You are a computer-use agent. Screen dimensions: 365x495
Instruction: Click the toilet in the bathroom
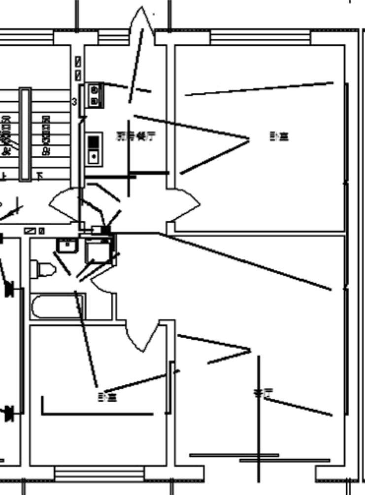point(43,269)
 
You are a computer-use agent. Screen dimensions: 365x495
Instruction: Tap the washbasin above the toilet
point(66,245)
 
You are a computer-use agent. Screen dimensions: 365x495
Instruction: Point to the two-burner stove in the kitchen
point(95,95)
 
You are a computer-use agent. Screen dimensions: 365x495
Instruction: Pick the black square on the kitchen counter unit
point(94,143)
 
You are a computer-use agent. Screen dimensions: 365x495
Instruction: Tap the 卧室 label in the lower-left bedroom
point(107,396)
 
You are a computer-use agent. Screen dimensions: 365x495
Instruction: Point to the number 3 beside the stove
point(74,102)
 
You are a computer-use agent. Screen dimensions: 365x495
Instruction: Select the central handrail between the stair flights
point(25,134)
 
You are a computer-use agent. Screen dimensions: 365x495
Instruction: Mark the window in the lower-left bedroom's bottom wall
point(99,474)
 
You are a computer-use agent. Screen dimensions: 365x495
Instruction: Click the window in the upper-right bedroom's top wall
point(260,37)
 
